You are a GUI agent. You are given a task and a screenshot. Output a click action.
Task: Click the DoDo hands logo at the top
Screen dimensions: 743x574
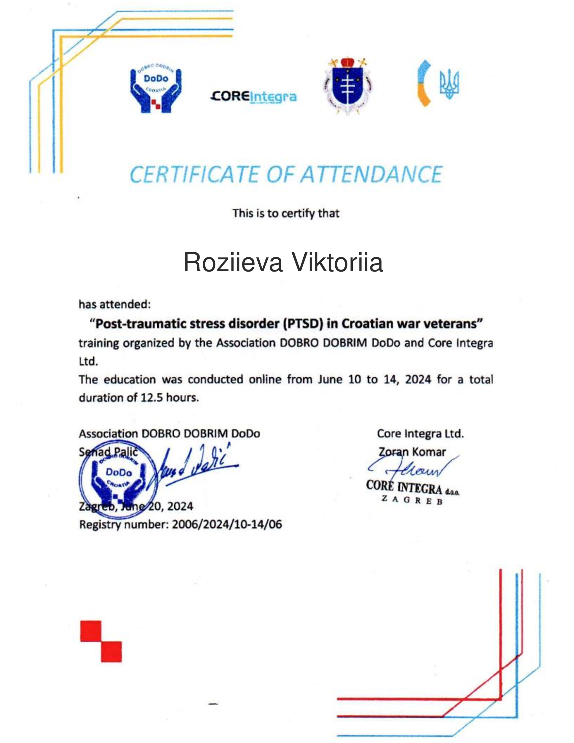(156, 90)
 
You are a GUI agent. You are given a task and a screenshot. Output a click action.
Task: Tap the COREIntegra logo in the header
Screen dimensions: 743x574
(254, 97)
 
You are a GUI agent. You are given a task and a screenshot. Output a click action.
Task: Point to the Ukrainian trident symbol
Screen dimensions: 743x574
(449, 84)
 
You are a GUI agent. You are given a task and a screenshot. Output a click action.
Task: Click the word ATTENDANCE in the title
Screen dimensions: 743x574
(372, 175)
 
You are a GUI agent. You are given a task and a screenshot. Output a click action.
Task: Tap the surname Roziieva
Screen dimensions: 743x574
(233, 263)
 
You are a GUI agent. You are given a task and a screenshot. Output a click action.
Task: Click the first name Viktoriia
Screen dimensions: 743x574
(338, 263)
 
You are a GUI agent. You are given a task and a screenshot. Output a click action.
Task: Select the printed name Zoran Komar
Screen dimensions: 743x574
(412, 452)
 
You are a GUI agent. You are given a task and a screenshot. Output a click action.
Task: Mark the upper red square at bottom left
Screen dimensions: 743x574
(91, 632)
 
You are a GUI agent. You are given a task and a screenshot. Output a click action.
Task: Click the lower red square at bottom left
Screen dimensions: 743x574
(111, 652)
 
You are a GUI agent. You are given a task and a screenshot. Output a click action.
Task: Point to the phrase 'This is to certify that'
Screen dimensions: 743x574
(286, 214)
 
